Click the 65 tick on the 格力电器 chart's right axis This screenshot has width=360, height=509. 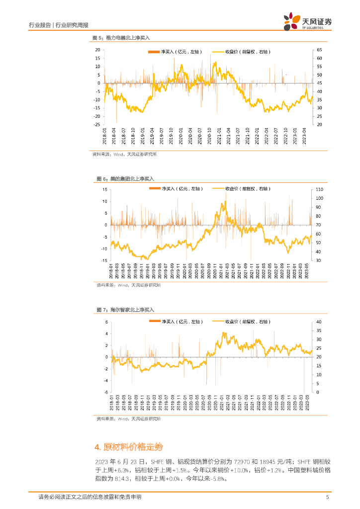click(319, 50)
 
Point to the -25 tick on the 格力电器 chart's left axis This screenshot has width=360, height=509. click(97, 124)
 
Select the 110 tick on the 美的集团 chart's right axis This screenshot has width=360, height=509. click(319, 190)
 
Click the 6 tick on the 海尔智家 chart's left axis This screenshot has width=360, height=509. click(106, 322)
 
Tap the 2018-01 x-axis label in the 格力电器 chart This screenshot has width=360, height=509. click(105, 136)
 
